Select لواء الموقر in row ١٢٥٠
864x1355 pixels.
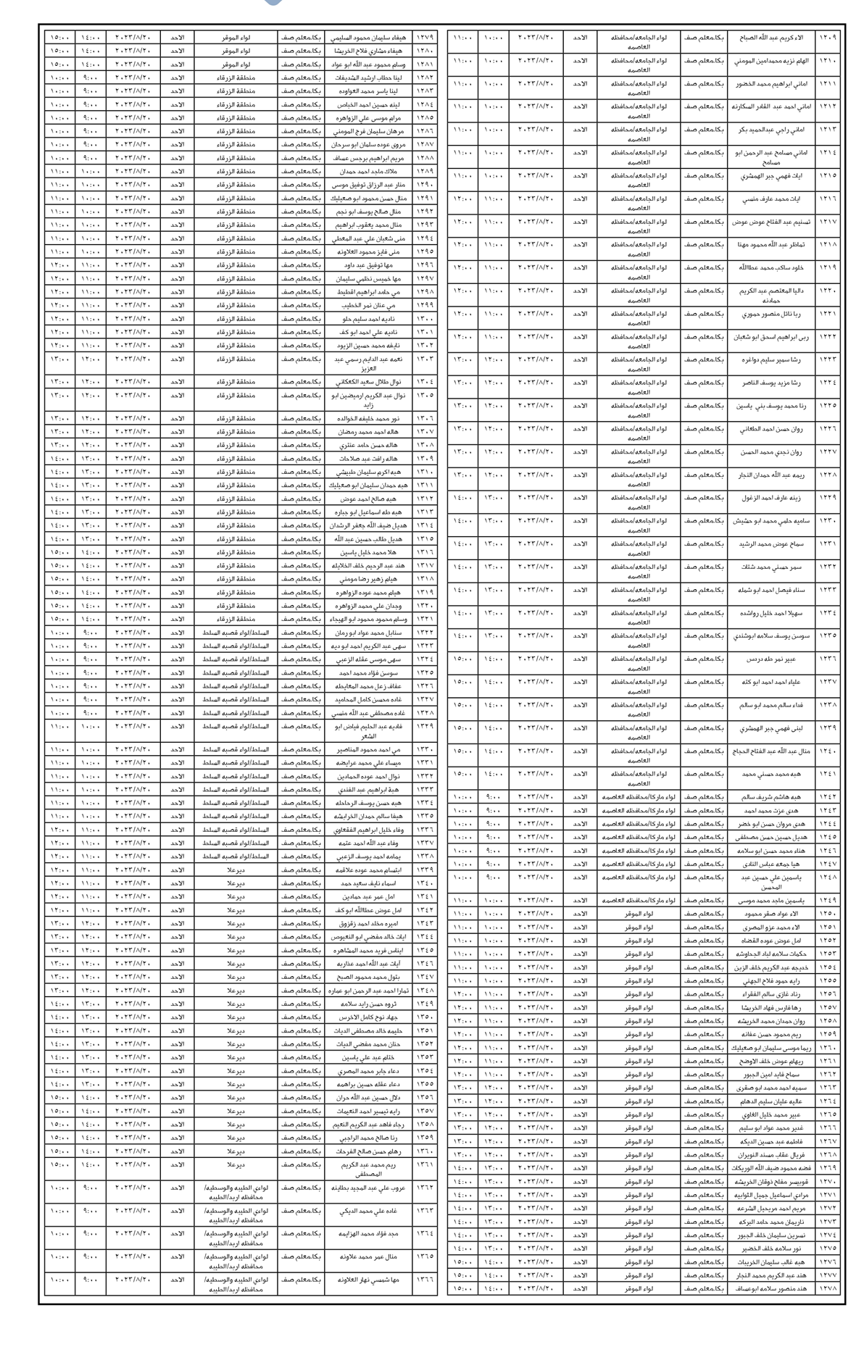638,914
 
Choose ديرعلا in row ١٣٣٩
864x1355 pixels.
236,869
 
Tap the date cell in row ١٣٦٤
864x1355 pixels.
133,1233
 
